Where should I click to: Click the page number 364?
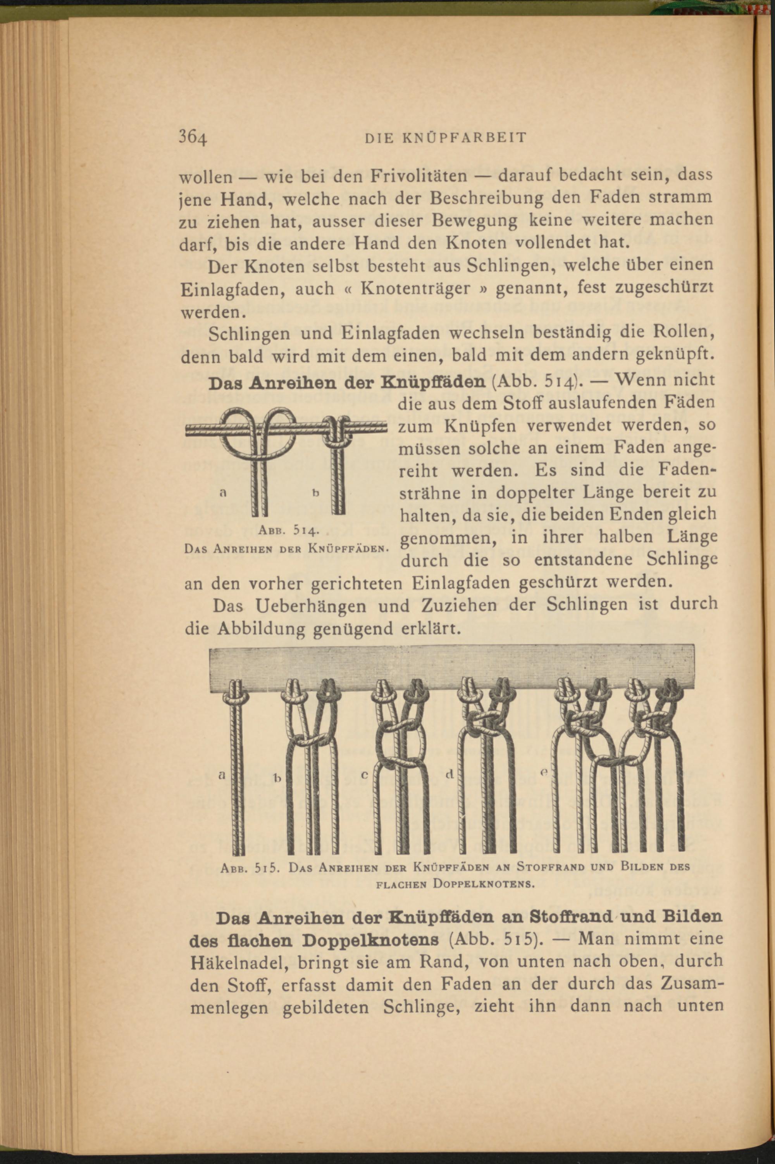(193, 137)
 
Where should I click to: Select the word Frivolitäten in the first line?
(419, 176)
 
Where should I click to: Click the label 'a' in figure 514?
(223, 492)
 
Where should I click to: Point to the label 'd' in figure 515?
(449, 774)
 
